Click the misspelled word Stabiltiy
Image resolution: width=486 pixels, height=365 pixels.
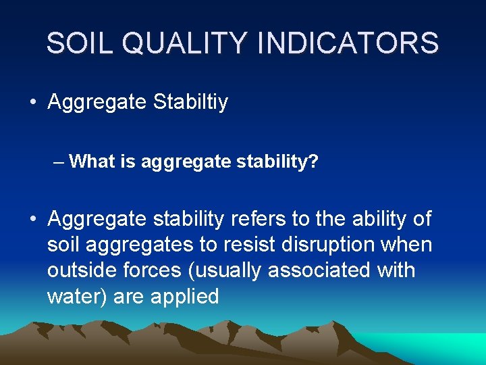tap(191, 103)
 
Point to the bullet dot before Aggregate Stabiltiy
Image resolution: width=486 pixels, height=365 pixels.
tap(32, 103)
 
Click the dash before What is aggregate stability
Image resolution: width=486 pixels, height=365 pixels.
tap(59, 162)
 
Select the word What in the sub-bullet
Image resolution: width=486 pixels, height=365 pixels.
tap(90, 162)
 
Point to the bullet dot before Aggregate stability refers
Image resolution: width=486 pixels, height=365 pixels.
tap(32, 219)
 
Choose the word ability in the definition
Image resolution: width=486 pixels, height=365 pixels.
tap(372, 219)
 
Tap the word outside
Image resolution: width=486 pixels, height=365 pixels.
tap(83, 270)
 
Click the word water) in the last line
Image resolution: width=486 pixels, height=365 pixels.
tap(77, 296)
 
